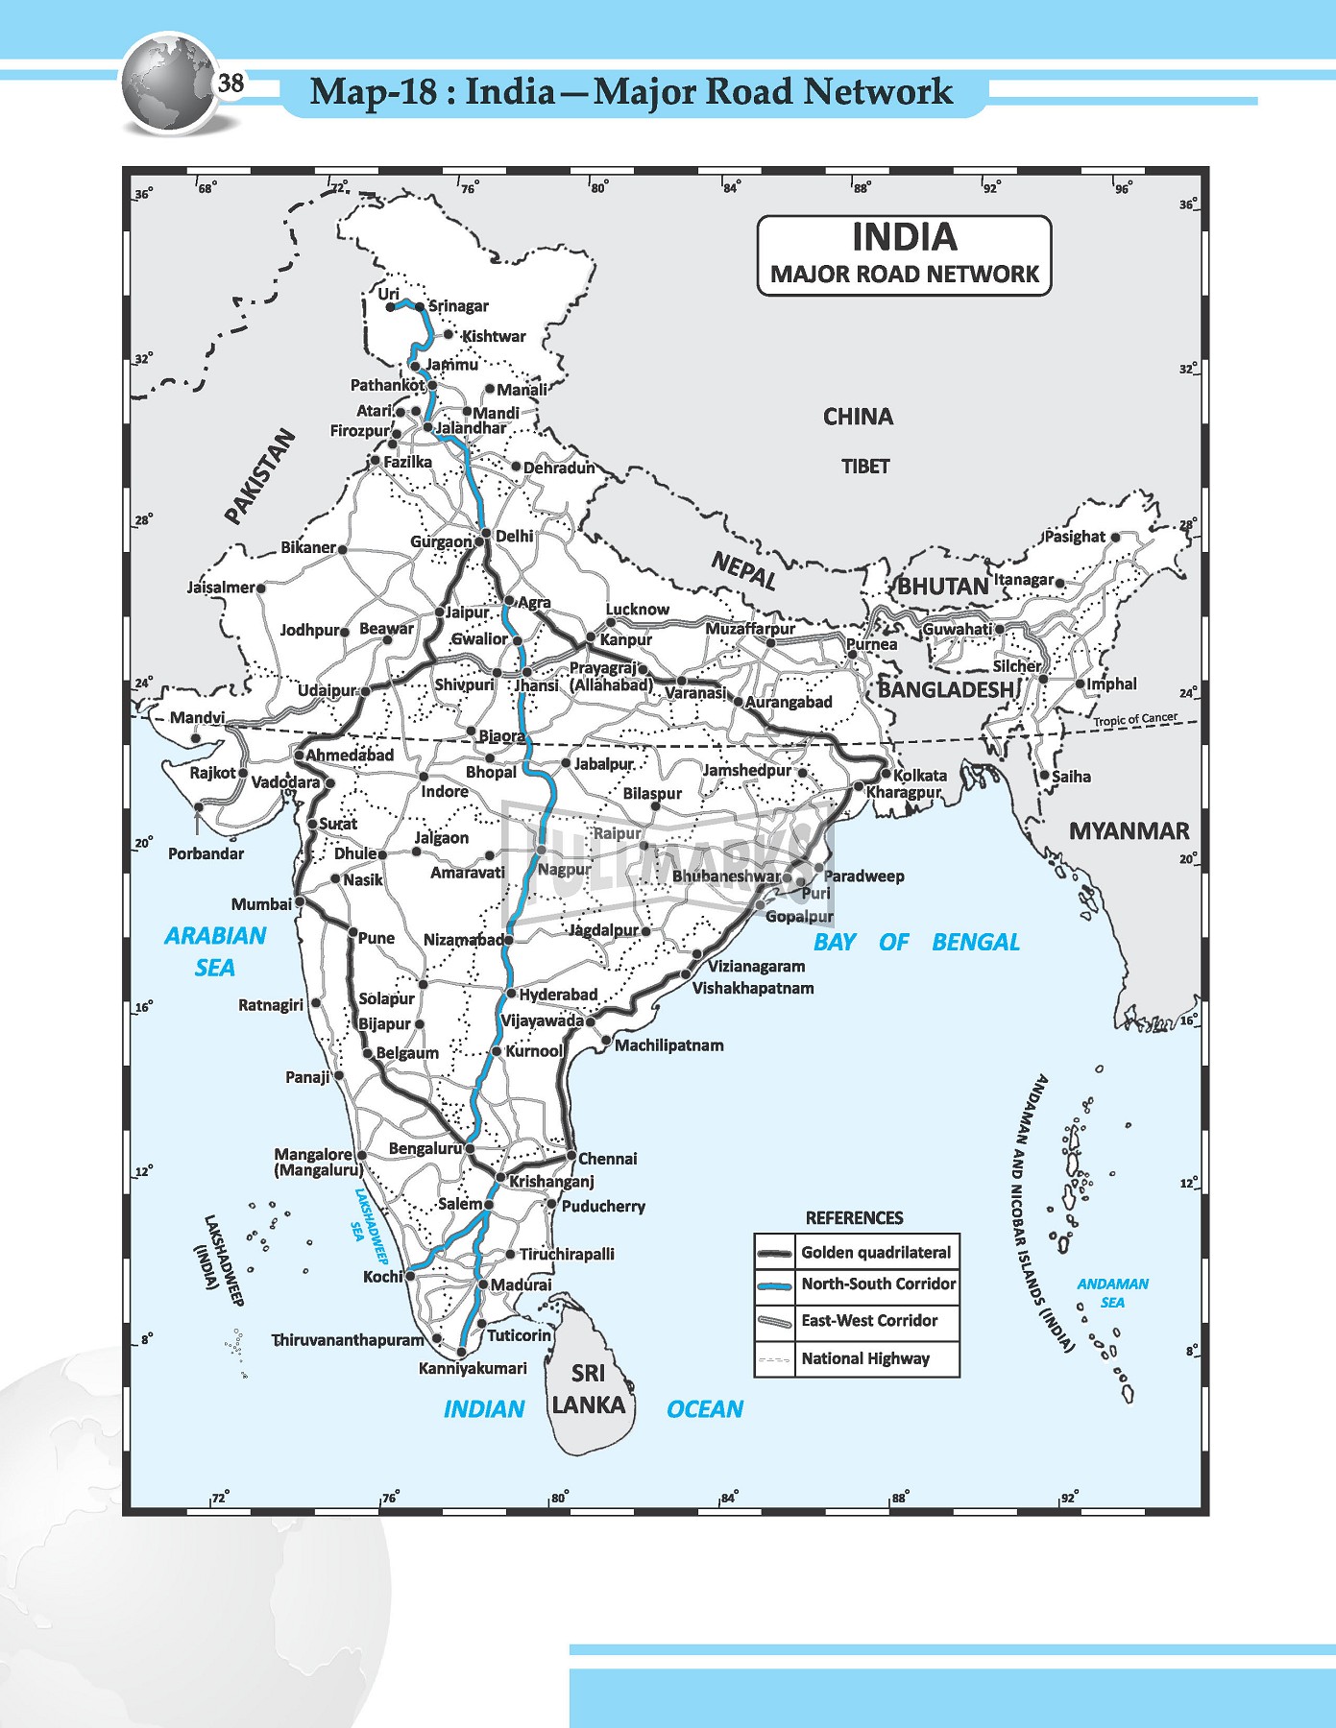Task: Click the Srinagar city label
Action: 458,306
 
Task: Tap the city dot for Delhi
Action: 486,534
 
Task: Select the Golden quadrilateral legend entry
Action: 875,1252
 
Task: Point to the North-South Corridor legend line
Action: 774,1284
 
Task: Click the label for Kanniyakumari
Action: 473,1368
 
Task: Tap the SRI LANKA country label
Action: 588,1389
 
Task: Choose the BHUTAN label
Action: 942,586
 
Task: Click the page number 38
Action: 231,84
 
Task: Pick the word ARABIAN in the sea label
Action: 215,936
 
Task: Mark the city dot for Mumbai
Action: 300,902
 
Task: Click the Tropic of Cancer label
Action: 1134,719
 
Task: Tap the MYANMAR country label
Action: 1129,831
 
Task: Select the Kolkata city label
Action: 919,775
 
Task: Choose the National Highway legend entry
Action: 864,1358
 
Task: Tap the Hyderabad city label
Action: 558,995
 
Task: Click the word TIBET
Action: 865,467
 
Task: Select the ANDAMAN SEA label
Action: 1112,1293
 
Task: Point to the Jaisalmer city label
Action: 221,587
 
